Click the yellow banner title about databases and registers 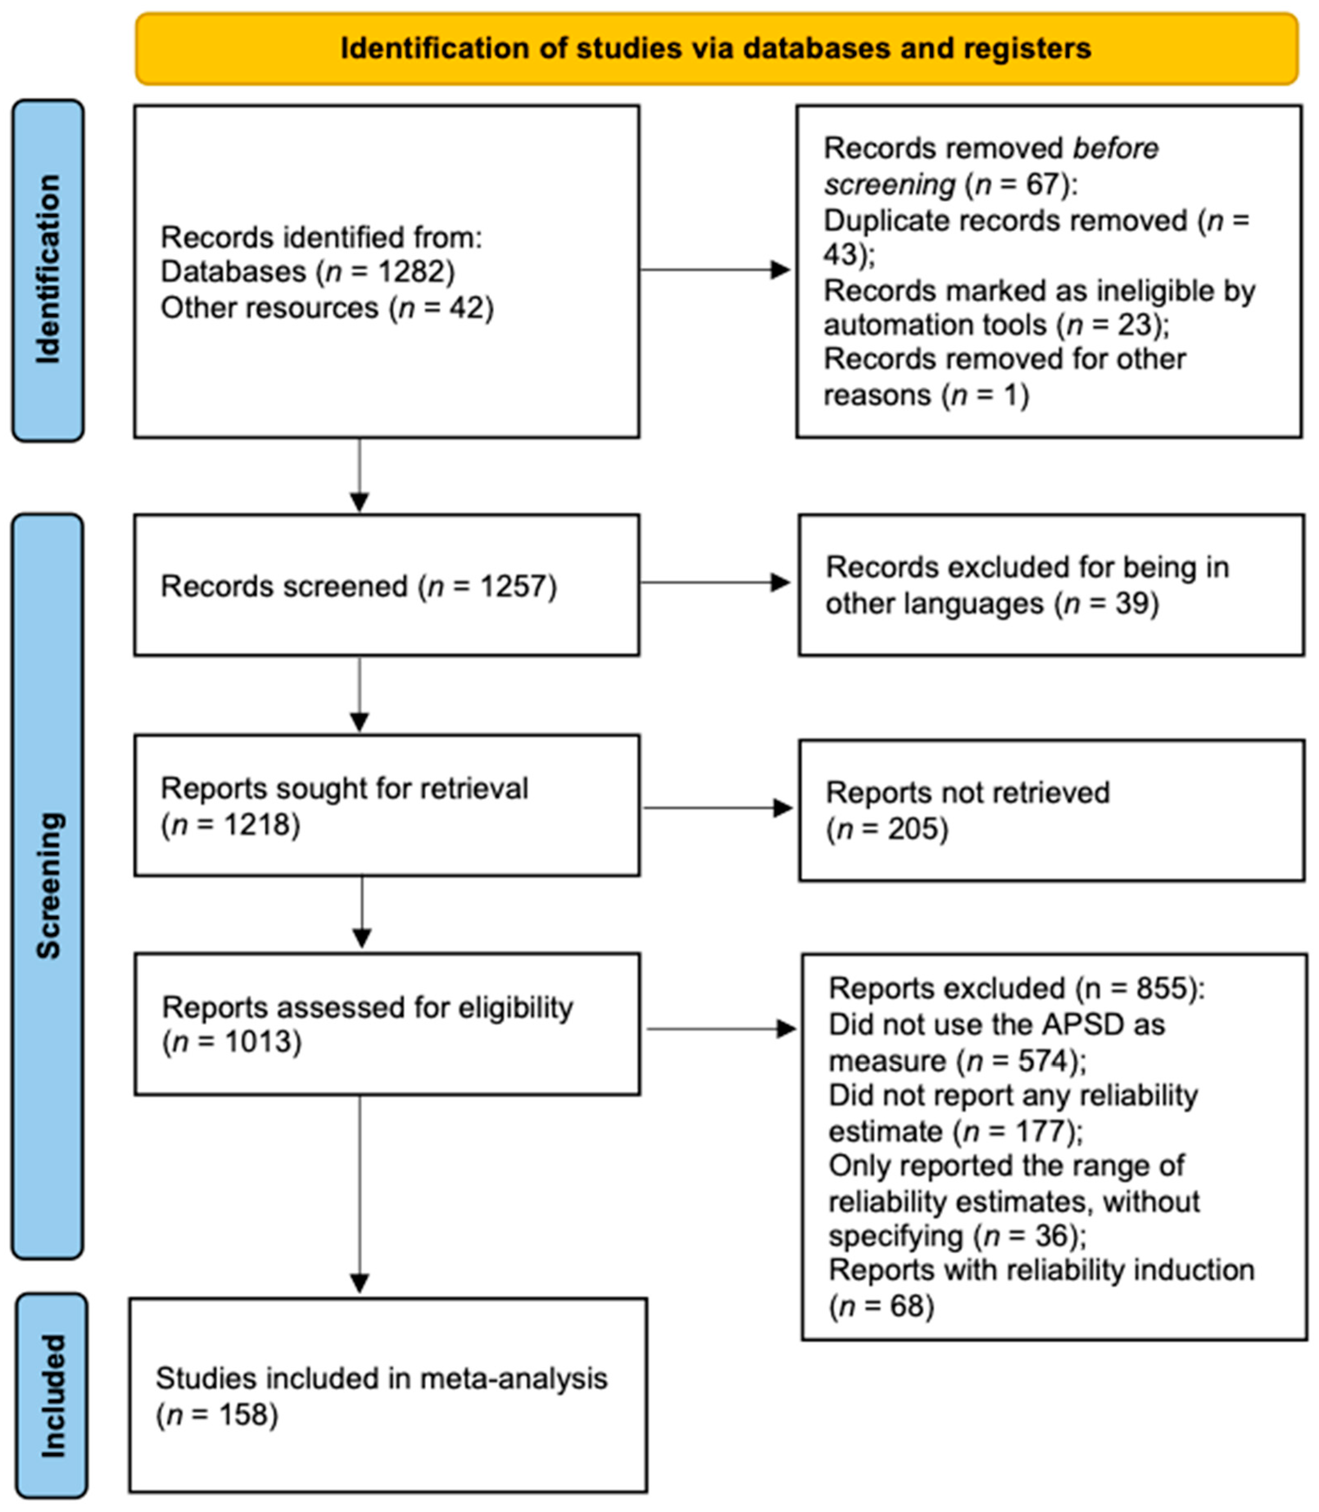coord(715,49)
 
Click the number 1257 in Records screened coord(513,587)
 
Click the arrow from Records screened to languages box coord(714,583)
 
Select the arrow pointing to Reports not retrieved coord(717,808)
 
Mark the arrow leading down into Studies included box coord(359,1215)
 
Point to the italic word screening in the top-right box coord(889,184)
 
